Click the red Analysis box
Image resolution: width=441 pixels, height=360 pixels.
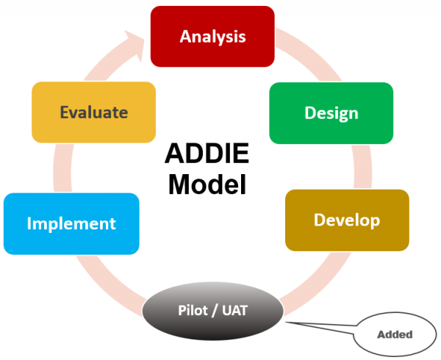pos(212,36)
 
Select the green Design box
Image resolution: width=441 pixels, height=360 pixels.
pos(331,113)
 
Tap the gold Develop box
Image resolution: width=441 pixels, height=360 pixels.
pos(346,220)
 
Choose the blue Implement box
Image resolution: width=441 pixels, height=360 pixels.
pos(71,223)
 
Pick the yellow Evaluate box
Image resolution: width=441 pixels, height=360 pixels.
pos(93,112)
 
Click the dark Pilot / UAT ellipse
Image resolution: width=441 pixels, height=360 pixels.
pos(212,311)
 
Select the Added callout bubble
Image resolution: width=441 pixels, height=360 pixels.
pos(395,335)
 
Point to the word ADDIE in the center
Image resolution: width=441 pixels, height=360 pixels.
pos(207,155)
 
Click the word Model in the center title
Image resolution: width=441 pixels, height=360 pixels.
pos(207,184)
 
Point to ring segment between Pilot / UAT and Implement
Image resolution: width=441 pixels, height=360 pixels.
pos(118,279)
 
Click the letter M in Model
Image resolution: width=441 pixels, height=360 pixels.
pos(178,184)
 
